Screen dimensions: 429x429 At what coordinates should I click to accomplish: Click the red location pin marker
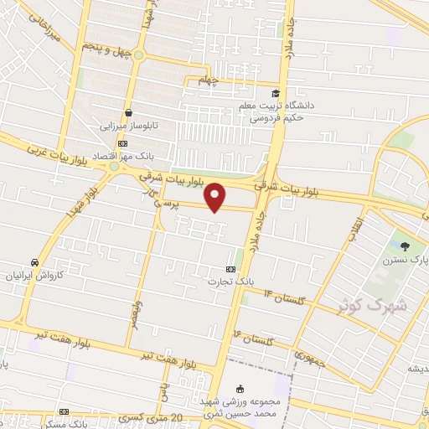(x=216, y=198)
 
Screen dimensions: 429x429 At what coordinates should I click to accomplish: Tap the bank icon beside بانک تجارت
(x=230, y=269)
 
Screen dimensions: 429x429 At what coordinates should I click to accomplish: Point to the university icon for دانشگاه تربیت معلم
(x=276, y=93)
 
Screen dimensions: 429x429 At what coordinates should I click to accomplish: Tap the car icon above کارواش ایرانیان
(x=34, y=261)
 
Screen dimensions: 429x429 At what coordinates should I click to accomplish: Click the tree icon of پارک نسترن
(x=406, y=246)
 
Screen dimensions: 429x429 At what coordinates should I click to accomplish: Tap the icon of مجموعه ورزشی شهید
(x=241, y=389)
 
